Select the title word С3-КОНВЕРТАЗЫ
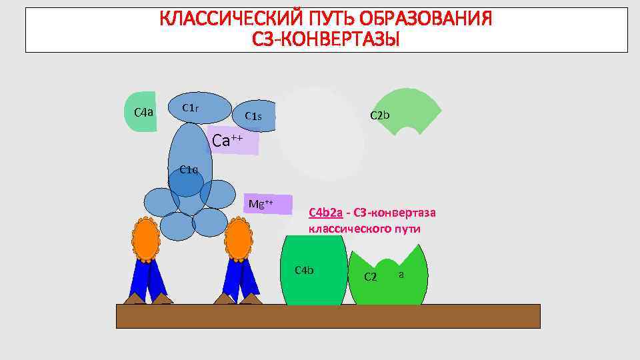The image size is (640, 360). (326, 40)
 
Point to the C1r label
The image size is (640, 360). (190, 108)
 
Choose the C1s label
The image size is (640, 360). (253, 116)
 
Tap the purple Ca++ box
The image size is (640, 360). (233, 141)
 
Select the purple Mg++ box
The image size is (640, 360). (266, 203)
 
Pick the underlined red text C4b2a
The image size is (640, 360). (325, 213)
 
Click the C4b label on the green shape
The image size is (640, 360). (304, 270)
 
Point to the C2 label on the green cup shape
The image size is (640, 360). (371, 277)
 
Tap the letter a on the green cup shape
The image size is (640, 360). (401, 274)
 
